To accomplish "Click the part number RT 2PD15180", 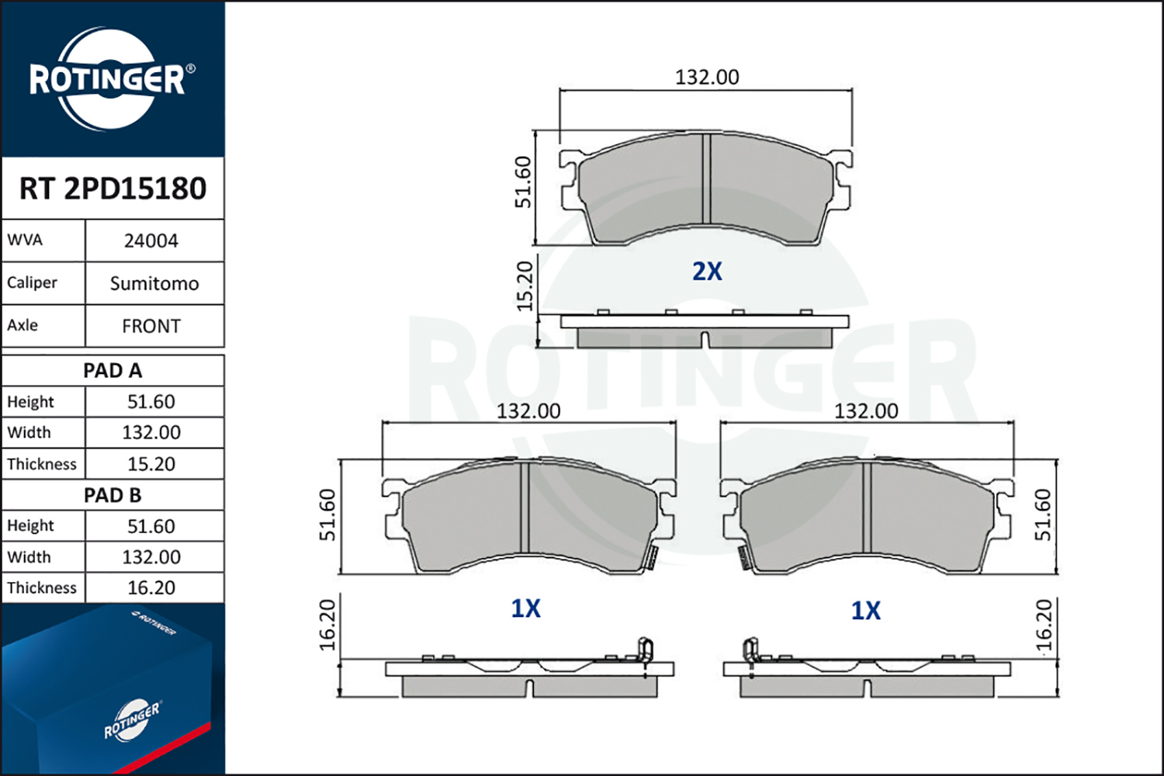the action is point(113,188).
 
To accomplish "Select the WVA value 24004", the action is point(151,241).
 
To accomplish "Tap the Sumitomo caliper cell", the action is point(154,284).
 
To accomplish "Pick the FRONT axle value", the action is point(151,327).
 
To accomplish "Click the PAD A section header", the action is point(113,371).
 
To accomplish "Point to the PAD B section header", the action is point(113,495).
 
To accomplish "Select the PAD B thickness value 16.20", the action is point(151,588).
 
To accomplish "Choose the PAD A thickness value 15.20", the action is point(151,464).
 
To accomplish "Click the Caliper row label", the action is point(32,283).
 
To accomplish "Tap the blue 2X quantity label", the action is point(707,272).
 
